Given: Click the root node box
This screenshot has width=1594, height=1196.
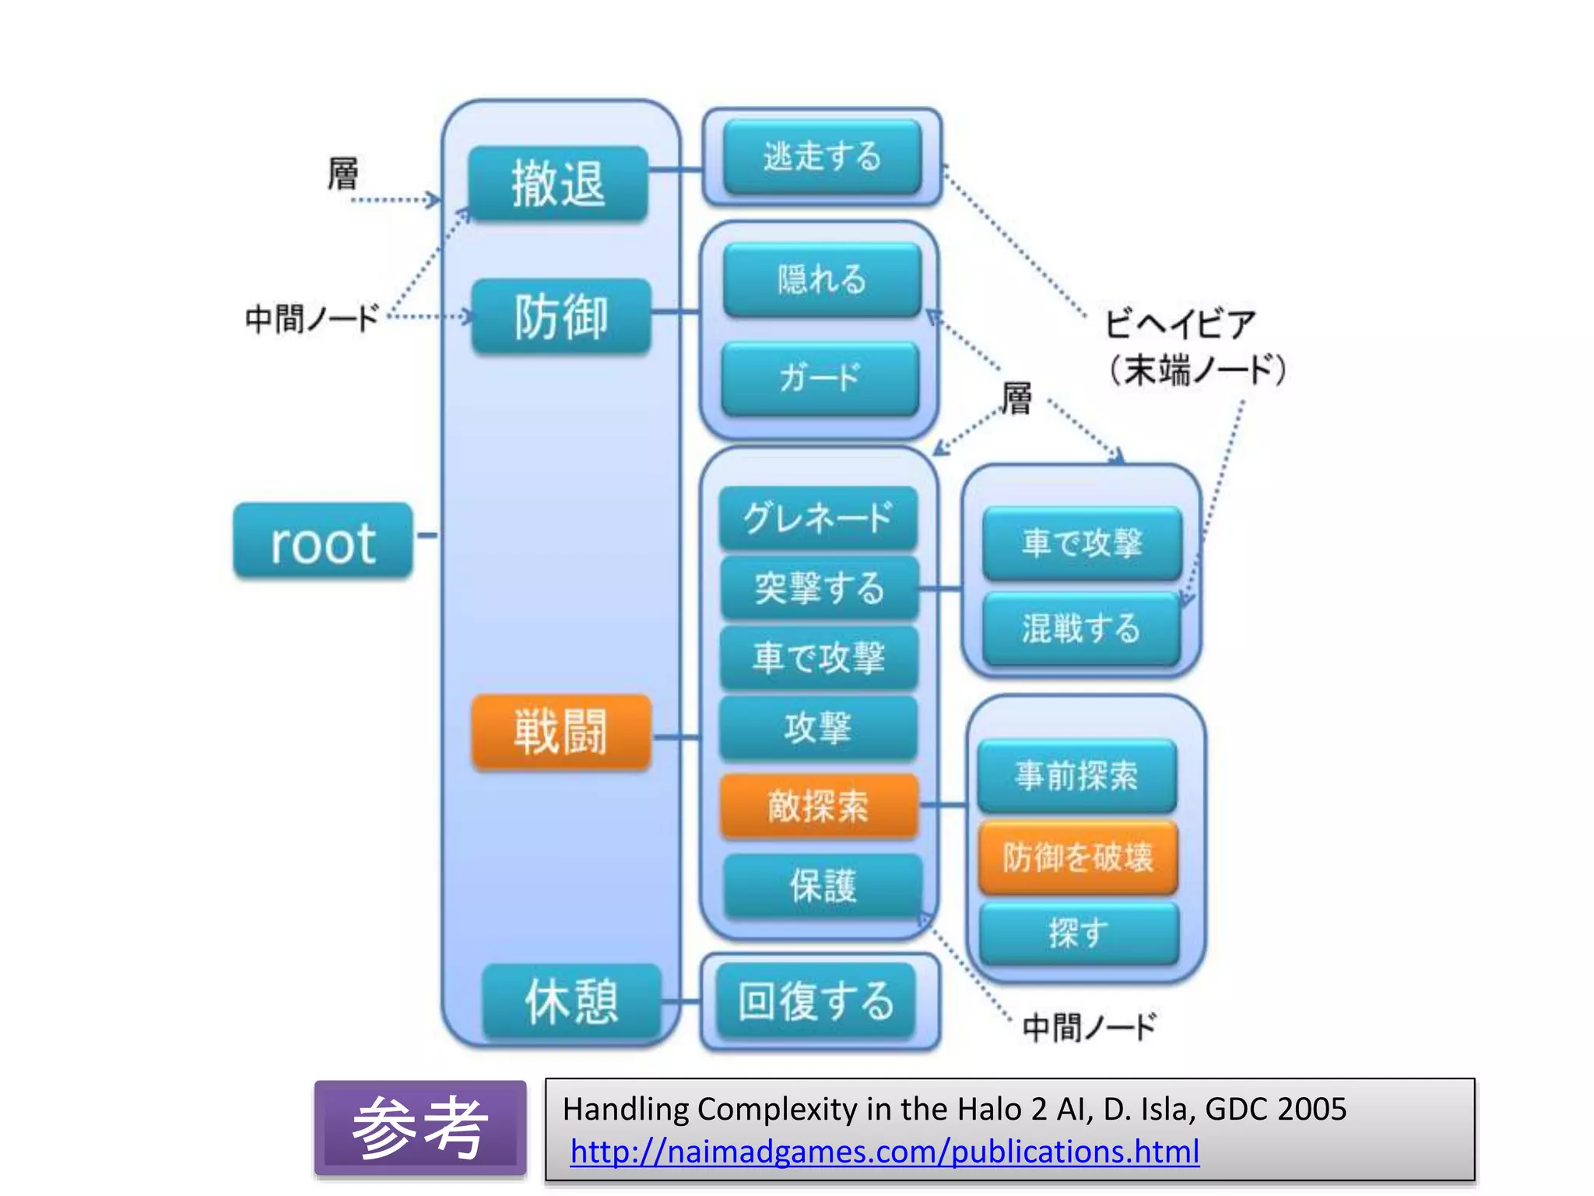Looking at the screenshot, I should [323, 541].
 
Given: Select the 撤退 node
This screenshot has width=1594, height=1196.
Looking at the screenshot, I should [558, 185].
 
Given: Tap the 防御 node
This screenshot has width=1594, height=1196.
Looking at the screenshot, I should [561, 317].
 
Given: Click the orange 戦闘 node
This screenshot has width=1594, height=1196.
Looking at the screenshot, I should [561, 732].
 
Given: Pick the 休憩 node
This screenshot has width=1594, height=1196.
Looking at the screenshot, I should [572, 1001].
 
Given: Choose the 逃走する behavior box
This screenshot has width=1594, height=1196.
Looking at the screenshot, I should [822, 157].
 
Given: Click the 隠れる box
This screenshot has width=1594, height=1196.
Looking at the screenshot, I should [822, 280].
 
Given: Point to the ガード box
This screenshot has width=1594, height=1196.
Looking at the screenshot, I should [820, 378].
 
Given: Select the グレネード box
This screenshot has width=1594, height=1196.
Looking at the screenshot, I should [818, 518].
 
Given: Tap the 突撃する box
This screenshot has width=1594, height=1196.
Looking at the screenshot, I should [820, 588].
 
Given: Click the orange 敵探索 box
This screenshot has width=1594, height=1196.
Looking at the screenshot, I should [819, 806].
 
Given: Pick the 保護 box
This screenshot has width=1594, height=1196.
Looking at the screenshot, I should [823, 886].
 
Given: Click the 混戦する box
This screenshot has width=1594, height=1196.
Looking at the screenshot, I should [1082, 628].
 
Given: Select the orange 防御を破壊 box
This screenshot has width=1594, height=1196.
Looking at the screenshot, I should [1078, 857].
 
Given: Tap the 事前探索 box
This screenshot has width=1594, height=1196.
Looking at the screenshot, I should [1077, 776].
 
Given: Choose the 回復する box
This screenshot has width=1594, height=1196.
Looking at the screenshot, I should [816, 1001].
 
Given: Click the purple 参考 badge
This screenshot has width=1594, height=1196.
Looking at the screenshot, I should [420, 1127].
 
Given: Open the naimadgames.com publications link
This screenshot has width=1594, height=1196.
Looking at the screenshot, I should [884, 1152].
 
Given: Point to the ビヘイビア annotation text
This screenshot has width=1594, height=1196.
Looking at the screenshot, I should [1180, 323].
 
